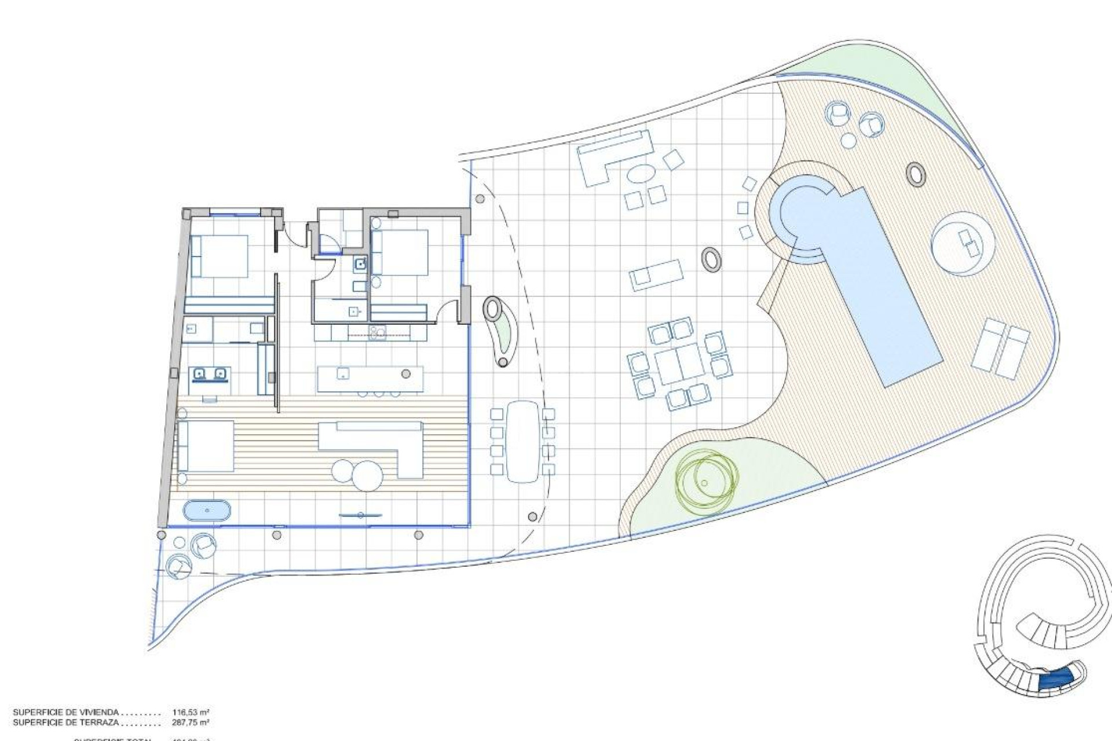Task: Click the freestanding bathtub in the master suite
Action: click(207, 511)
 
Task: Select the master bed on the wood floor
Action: click(206, 446)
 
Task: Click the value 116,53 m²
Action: click(191, 712)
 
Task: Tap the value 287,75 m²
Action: click(191, 722)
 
